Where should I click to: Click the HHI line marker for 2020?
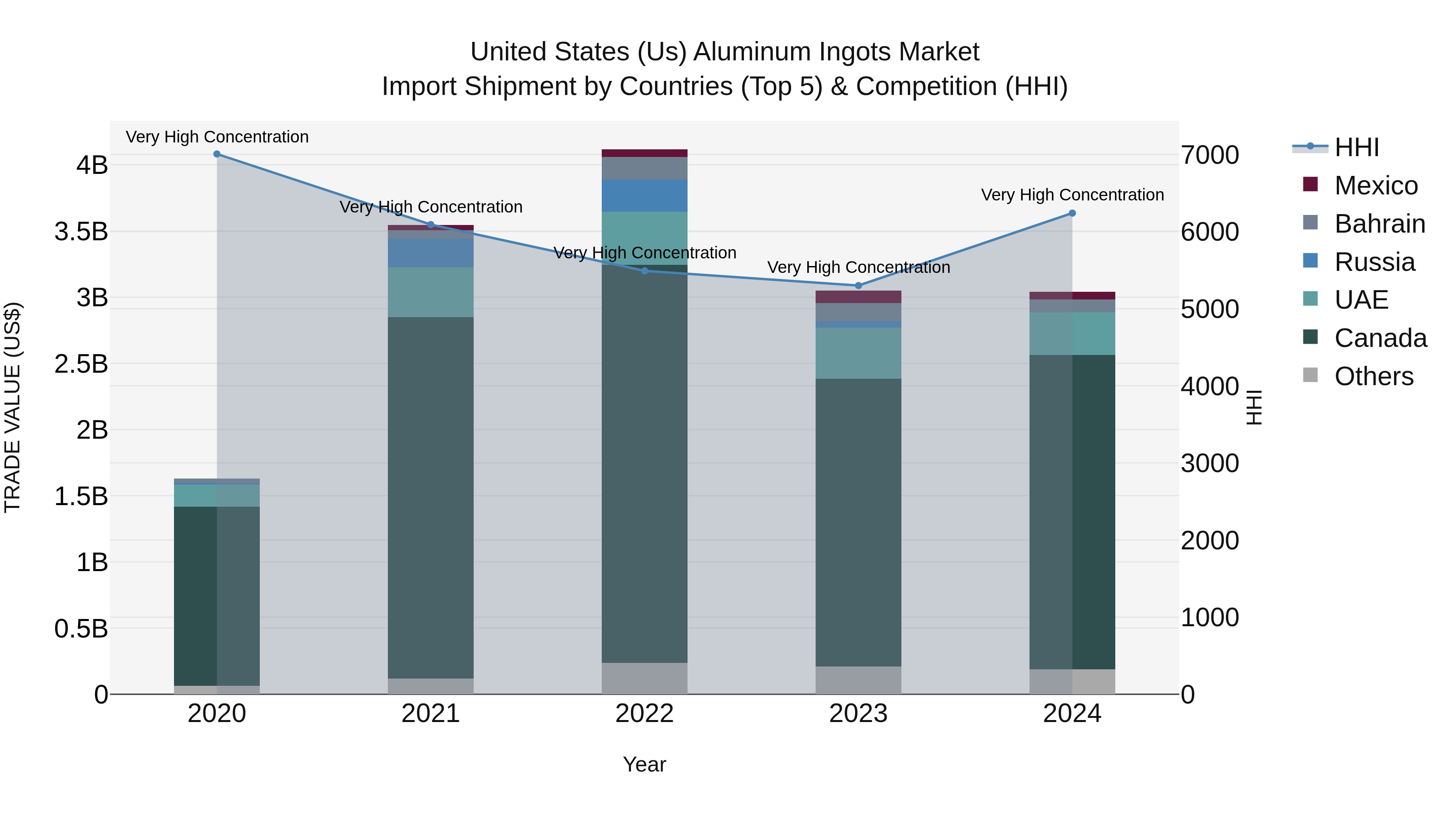(x=217, y=154)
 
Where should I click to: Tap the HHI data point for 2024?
(x=1072, y=213)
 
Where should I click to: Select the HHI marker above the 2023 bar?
(x=858, y=286)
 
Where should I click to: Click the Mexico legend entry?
(x=1375, y=186)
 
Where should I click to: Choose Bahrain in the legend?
(x=1379, y=224)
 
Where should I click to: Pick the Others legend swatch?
(x=1310, y=375)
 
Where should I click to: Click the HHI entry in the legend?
(x=1356, y=147)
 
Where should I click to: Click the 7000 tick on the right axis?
(x=1210, y=156)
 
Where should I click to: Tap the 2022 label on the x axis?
(x=644, y=714)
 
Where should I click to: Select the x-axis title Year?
(x=644, y=764)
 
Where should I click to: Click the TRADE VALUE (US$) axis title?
(x=12, y=407)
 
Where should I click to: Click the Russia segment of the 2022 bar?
(x=644, y=196)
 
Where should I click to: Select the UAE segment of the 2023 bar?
(x=858, y=353)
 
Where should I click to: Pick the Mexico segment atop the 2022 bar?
(x=644, y=153)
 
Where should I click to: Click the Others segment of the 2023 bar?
(x=858, y=680)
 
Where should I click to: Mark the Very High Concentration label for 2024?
(x=1072, y=195)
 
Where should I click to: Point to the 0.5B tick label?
(x=81, y=629)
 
